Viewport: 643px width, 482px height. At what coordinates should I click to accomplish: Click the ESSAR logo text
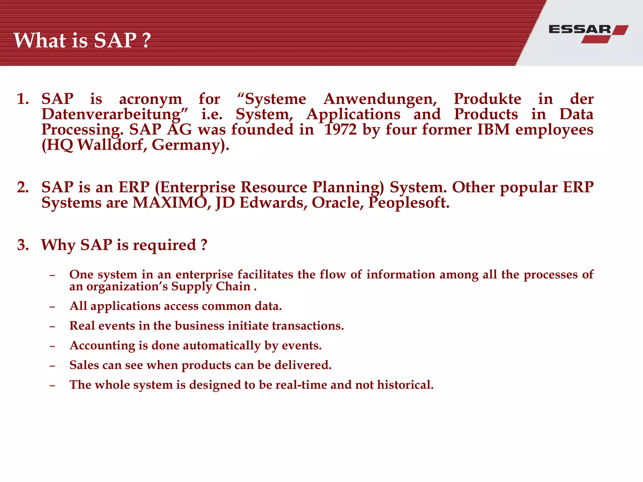[x=580, y=29]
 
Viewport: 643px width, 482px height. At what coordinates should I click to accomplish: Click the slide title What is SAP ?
[x=82, y=40]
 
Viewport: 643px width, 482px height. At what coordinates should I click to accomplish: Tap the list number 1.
[x=23, y=99]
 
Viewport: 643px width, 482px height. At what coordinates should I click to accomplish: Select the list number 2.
[x=23, y=187]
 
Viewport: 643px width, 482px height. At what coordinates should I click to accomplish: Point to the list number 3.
[x=23, y=245]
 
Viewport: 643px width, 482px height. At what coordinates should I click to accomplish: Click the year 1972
[x=340, y=130]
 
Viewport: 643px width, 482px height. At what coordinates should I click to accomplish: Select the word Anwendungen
[x=380, y=99]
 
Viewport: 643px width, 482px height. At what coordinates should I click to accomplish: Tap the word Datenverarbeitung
[x=115, y=115]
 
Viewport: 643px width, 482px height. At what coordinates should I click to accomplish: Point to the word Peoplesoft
[x=409, y=203]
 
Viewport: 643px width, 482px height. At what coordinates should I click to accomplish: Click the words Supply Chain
[x=211, y=287]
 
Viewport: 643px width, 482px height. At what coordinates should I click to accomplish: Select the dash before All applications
[x=52, y=307]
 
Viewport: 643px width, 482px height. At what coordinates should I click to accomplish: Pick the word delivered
[x=303, y=365]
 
